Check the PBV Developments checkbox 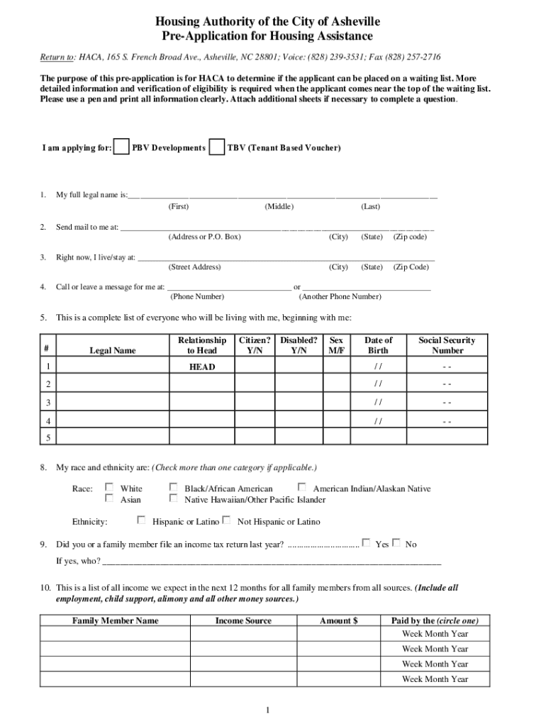click(122, 147)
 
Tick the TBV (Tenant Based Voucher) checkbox click(218, 147)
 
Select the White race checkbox click(109, 487)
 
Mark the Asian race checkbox click(109, 498)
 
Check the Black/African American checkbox click(174, 487)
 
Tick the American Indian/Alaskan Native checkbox click(302, 487)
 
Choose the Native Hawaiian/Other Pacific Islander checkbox click(174, 498)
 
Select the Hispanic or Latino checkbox click(141, 520)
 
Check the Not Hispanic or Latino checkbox click(226, 520)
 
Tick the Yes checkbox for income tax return click(366, 542)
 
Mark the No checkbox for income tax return click(396, 542)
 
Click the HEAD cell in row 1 click(201, 367)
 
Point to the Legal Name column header click(112, 350)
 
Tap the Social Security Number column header click(447, 345)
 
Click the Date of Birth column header click(378, 345)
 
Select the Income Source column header click(243, 620)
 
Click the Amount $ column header click(338, 620)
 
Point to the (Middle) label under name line click(279, 206)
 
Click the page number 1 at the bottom click(268, 710)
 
